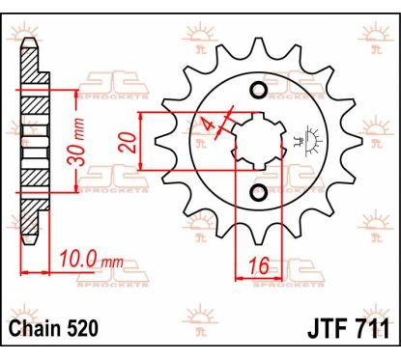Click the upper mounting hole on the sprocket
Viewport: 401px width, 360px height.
click(259, 90)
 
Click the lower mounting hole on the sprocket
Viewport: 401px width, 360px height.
click(259, 191)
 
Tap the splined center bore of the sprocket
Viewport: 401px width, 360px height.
click(259, 141)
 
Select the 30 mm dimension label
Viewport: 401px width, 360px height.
click(78, 142)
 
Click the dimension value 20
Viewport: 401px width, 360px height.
click(128, 142)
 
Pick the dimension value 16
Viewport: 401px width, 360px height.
click(259, 265)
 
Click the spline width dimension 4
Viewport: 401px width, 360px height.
click(207, 124)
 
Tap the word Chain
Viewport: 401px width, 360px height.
click(30, 329)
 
